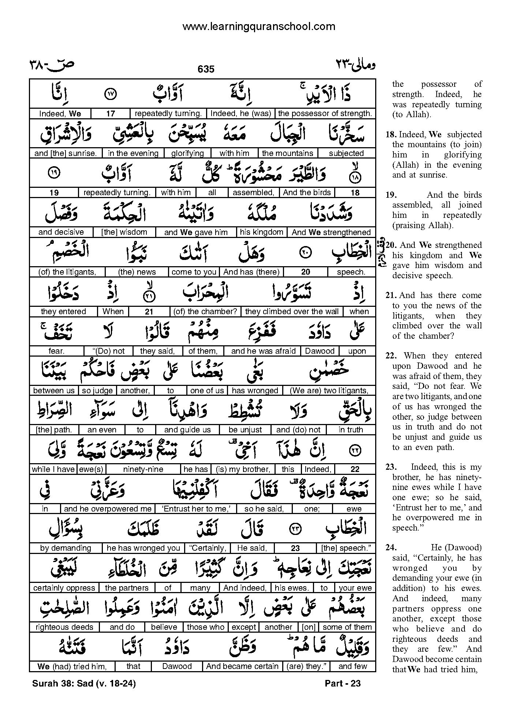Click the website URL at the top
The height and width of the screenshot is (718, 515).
pyautogui.click(x=258, y=26)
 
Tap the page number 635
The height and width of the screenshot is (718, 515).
pyautogui.click(x=206, y=69)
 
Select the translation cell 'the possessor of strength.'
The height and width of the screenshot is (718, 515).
pyautogui.click(x=325, y=114)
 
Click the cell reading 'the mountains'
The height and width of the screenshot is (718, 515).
pyautogui.click(x=288, y=153)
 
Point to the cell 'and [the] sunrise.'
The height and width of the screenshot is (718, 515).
pyautogui.click(x=66, y=153)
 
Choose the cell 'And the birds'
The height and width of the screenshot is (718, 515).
pyautogui.click(x=307, y=193)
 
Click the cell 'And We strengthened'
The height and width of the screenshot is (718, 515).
pyautogui.click(x=331, y=232)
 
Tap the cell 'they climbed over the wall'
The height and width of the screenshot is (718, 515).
pyautogui.click(x=292, y=311)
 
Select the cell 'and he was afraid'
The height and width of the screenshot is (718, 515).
pyautogui.click(x=263, y=351)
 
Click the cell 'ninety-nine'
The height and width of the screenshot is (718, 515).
pyautogui.click(x=143, y=469)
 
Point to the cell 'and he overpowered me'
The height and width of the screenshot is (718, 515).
pyautogui.click(x=108, y=509)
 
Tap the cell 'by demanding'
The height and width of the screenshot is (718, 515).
pyautogui.click(x=66, y=548)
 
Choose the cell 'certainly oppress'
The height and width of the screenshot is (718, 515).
pyautogui.click(x=64, y=588)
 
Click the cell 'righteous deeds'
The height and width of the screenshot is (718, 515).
pyautogui.click(x=64, y=627)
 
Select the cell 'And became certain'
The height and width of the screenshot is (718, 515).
pyautogui.click(x=242, y=666)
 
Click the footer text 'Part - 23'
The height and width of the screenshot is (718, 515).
pyautogui.click(x=343, y=683)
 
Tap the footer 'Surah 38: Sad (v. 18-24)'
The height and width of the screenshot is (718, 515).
pyautogui.click(x=84, y=683)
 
